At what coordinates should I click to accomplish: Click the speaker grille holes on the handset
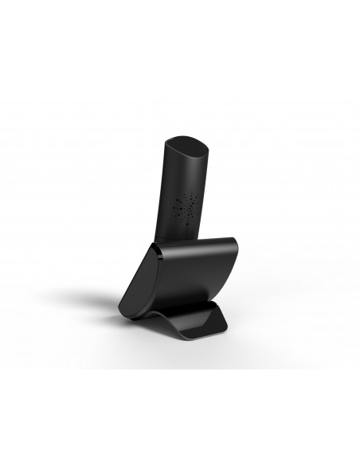click(188, 209)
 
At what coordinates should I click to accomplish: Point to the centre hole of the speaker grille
click(188, 209)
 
